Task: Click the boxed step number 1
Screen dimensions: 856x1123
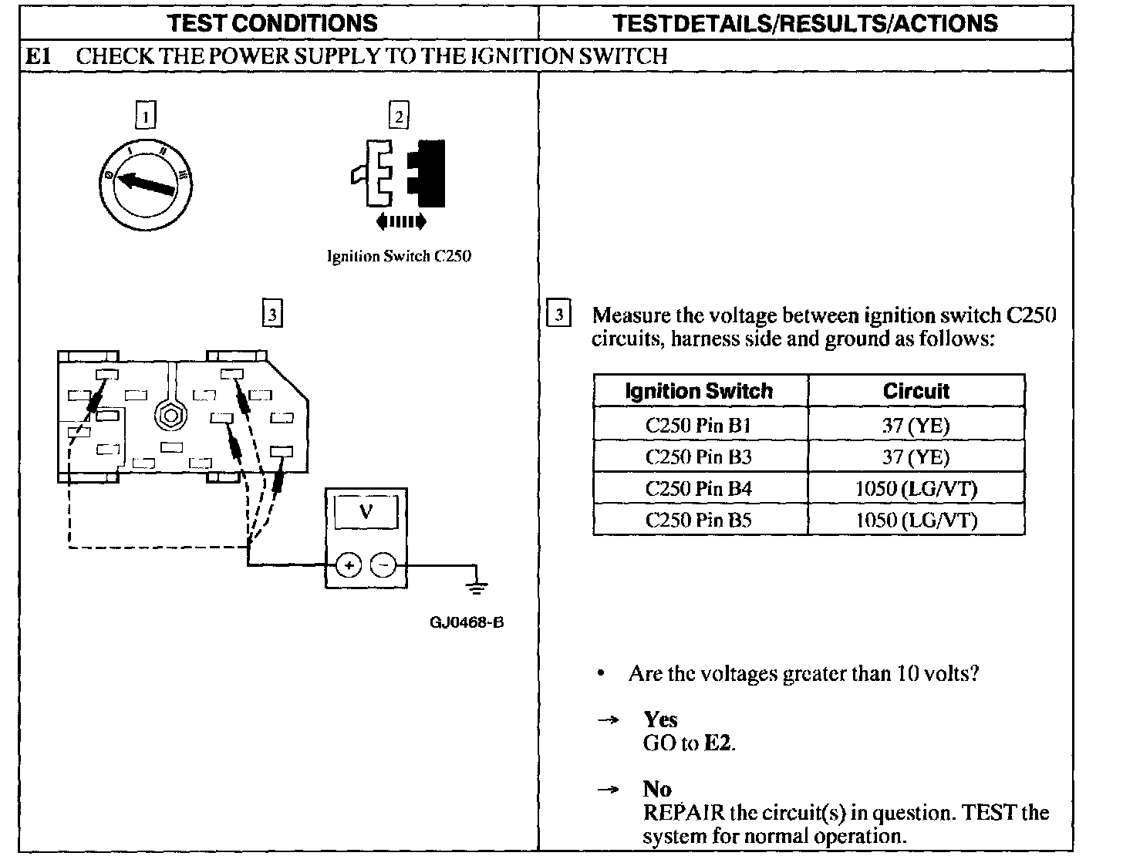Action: pos(145,115)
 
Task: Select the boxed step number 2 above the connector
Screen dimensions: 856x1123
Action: pos(398,116)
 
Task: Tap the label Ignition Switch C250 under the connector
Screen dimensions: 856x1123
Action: pos(399,257)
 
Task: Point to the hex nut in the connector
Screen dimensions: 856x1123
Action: pos(168,415)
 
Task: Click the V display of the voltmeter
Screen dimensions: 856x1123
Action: pos(366,512)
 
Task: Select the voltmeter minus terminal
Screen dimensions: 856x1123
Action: pos(383,566)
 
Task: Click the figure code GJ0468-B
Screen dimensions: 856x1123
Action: pos(467,622)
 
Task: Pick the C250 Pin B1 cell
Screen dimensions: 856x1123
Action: pos(699,425)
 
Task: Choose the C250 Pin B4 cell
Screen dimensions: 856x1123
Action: pos(699,488)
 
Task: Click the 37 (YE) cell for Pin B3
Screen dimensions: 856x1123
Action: pos(916,457)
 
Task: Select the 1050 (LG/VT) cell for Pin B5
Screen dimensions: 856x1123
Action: pos(916,520)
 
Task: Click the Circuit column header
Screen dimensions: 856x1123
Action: pos(916,391)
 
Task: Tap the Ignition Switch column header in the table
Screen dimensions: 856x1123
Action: pos(699,391)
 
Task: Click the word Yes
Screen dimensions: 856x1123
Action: pos(660,720)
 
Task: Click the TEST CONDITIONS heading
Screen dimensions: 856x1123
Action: pos(273,22)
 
